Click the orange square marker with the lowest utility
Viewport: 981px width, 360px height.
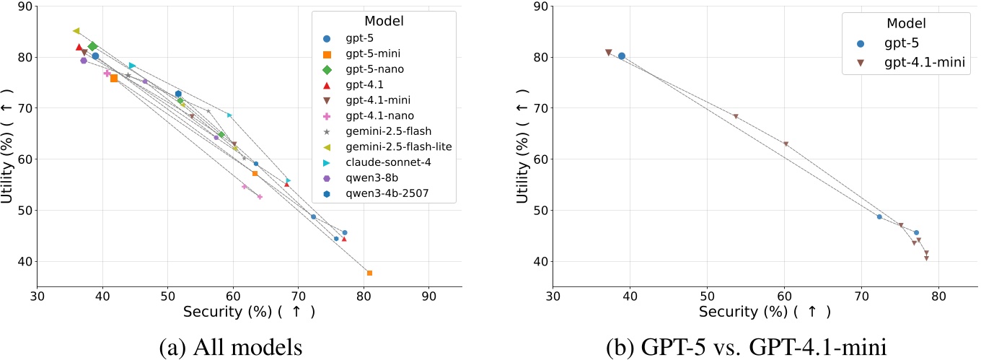tap(369, 273)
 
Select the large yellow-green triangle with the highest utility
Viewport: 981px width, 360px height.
tap(76, 31)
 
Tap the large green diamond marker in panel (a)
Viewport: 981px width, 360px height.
tap(92, 47)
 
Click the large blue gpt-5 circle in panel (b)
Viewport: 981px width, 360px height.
tap(621, 56)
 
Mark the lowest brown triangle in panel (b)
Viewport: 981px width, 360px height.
tap(926, 258)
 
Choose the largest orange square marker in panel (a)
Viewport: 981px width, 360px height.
tap(114, 78)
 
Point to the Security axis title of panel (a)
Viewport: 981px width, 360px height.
tap(249, 312)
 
